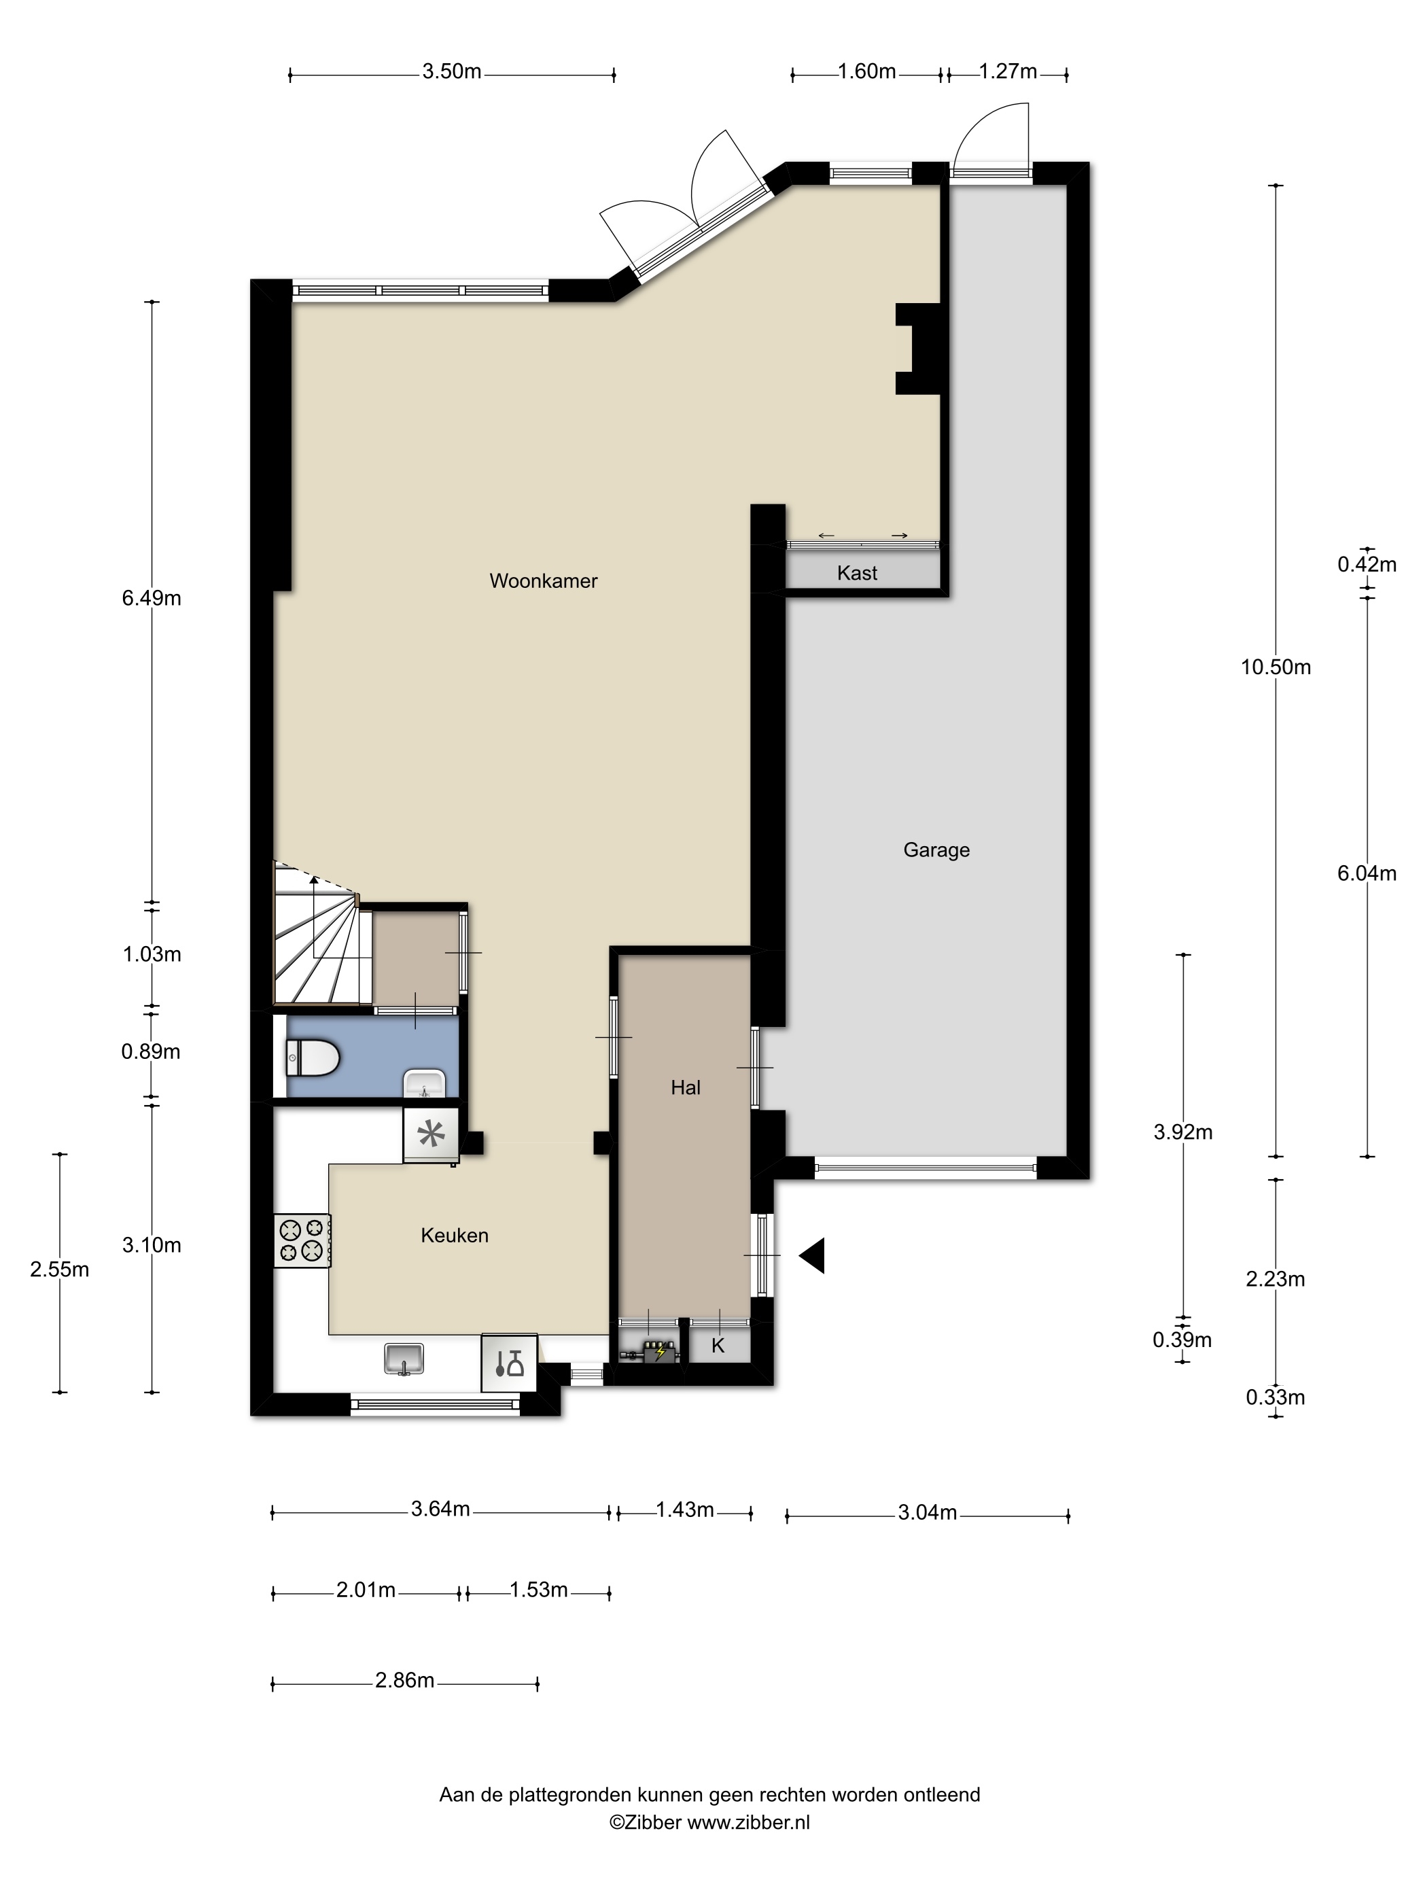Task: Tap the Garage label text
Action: click(x=936, y=850)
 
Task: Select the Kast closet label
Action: click(x=857, y=573)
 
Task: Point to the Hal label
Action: click(x=685, y=1087)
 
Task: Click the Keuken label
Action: click(x=454, y=1236)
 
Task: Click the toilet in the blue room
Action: click(x=311, y=1056)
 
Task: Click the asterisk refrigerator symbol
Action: click(x=431, y=1136)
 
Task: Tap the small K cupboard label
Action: click(x=718, y=1346)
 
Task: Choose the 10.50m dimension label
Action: click(x=1275, y=667)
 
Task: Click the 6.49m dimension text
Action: click(x=152, y=598)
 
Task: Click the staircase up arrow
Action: click(x=314, y=881)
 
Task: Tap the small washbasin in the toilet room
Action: click(x=424, y=1084)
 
